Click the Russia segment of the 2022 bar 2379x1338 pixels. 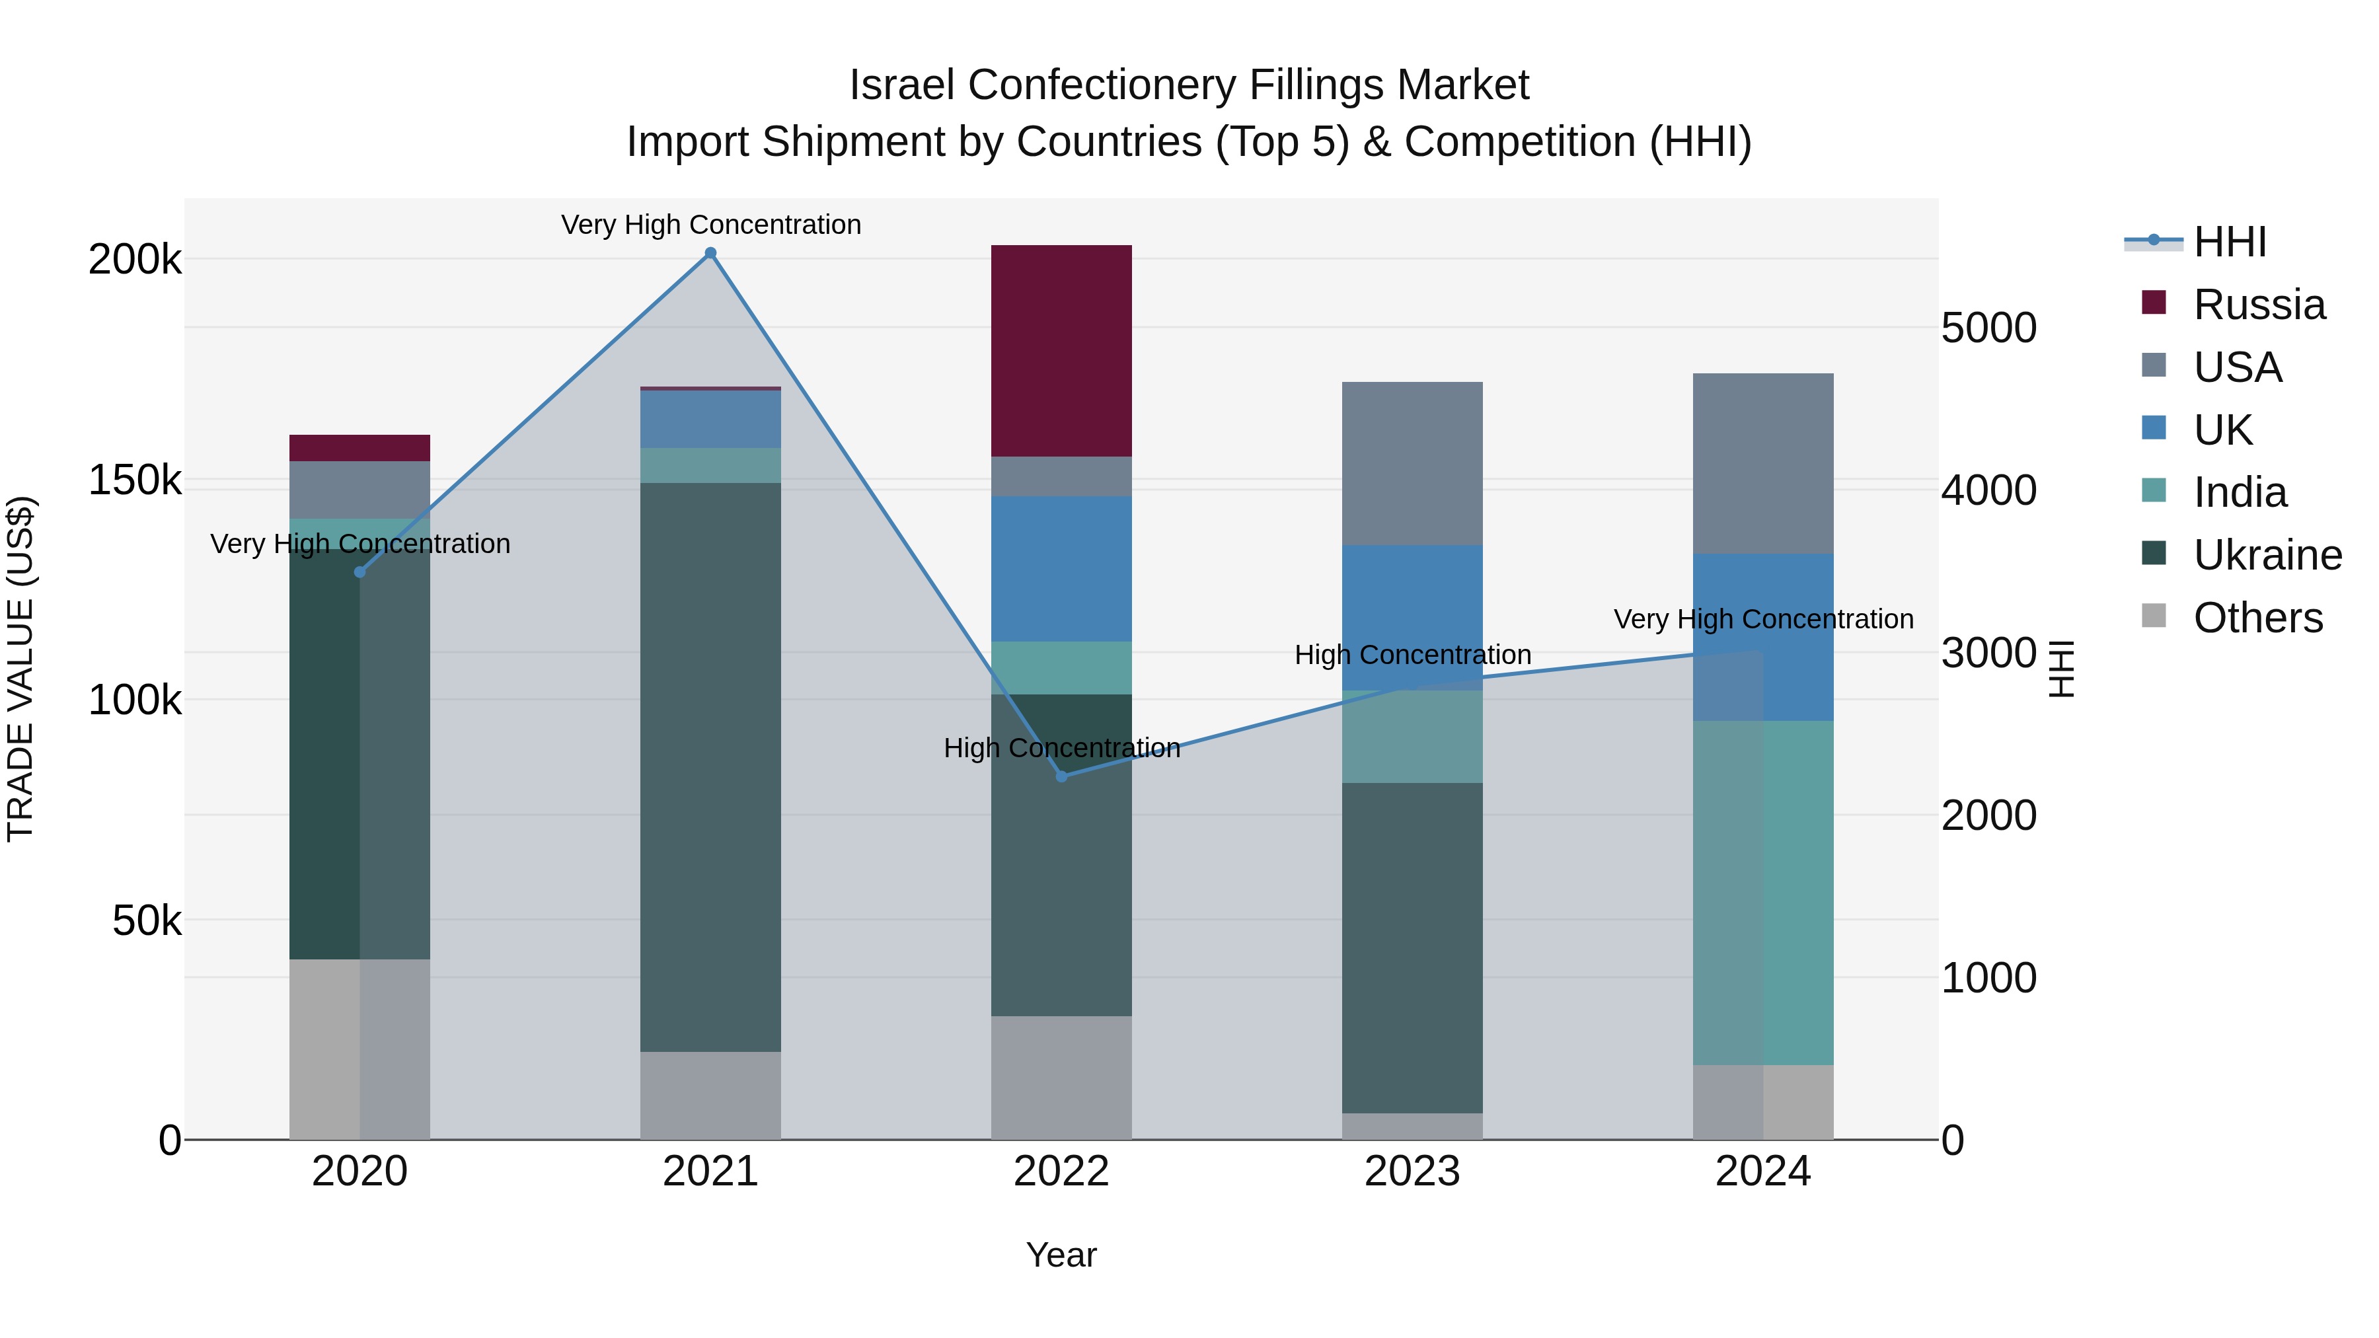[1061, 351]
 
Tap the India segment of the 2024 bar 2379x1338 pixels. [1763, 892]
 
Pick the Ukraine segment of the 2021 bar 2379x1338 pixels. [710, 766]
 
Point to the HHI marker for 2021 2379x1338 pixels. [710, 253]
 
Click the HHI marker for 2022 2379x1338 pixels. [1061, 776]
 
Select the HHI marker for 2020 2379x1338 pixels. [360, 572]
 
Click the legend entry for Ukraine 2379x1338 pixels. [2267, 555]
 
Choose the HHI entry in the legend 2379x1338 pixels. [2230, 242]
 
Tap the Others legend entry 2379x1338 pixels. [2257, 618]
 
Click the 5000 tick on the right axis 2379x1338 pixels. [1988, 328]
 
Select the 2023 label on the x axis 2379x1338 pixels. [1412, 1171]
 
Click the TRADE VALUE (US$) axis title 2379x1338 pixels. [20, 669]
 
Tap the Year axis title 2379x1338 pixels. [1061, 1255]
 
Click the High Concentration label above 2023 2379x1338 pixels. [1412, 655]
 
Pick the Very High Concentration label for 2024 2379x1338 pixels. [1763, 618]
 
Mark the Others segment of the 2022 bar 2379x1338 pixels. [1061, 1078]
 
